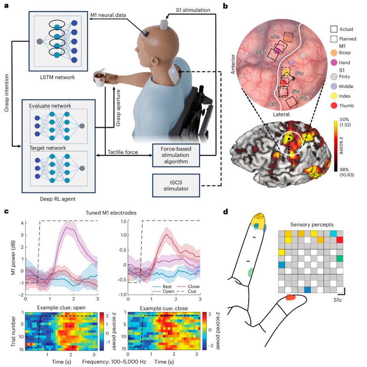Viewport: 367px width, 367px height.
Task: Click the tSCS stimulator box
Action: click(176, 186)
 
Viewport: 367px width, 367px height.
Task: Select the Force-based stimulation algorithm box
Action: click(176, 155)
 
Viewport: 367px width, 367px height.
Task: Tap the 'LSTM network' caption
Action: click(58, 77)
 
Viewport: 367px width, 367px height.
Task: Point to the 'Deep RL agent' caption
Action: click(58, 199)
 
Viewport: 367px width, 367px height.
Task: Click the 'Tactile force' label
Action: click(123, 152)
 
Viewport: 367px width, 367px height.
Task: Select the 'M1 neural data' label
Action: click(108, 15)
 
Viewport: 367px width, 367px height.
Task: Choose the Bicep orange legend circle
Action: click(334, 53)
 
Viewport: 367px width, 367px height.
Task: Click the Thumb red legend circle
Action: click(334, 106)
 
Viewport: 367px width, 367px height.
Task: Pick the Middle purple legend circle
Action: click(334, 86)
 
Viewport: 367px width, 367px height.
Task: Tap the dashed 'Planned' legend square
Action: click(334, 39)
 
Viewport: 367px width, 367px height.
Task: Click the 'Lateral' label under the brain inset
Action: click(281, 114)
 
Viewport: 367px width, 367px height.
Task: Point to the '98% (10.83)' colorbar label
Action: click(347, 172)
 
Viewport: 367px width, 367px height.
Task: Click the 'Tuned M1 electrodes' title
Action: click(111, 213)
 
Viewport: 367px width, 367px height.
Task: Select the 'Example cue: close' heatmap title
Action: click(164, 308)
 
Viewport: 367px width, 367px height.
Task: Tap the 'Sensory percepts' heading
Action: click(312, 225)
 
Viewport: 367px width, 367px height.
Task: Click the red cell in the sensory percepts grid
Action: click(340, 240)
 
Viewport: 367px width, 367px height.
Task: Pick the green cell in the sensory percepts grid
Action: click(340, 258)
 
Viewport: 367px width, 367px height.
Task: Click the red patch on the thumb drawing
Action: click(291, 297)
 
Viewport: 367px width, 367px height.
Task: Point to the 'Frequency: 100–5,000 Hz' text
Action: click(114, 362)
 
